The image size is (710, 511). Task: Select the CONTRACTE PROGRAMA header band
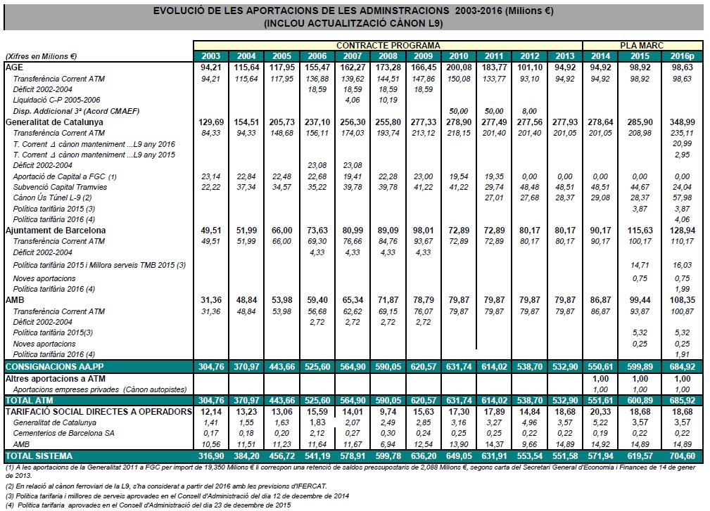[388, 46]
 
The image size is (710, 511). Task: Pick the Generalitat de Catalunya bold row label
[54, 122]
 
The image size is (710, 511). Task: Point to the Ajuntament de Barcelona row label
[56, 230]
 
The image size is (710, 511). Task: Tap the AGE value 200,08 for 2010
[458, 67]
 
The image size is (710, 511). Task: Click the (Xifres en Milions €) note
[41, 56]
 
